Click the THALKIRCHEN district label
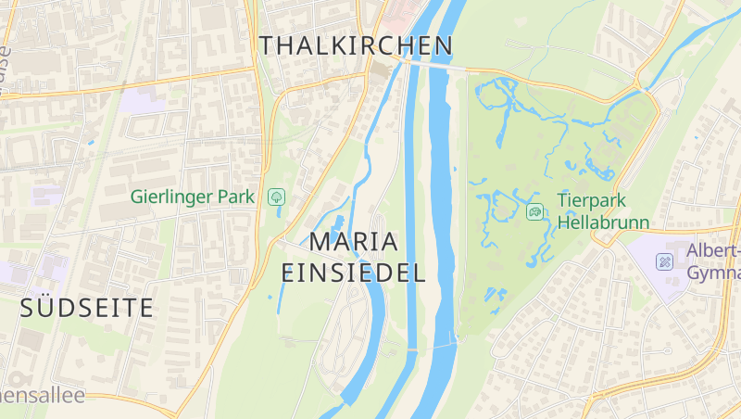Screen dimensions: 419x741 357,45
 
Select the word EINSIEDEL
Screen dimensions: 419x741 353,273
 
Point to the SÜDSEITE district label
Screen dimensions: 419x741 87,309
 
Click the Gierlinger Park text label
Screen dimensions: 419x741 193,197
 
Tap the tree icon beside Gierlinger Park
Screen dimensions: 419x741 276,197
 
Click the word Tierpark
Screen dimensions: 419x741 593,200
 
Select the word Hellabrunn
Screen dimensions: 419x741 603,223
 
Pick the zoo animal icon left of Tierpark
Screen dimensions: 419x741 535,212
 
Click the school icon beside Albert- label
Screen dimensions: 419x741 665,261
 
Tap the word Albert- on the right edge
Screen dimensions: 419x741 713,251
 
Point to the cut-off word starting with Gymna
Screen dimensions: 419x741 714,273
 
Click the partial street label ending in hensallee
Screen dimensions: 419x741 43,396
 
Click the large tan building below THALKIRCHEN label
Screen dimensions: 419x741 380,71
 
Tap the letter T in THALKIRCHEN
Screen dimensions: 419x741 268,45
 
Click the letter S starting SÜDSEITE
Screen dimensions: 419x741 27,309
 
